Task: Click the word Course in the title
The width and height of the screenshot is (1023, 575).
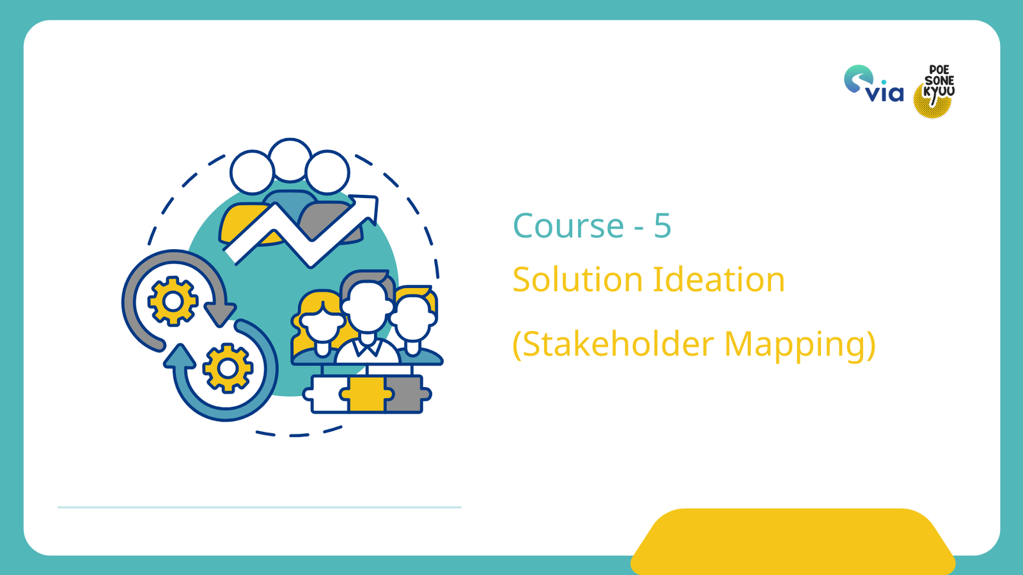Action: pos(568,226)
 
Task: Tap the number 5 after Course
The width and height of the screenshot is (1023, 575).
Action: pos(662,226)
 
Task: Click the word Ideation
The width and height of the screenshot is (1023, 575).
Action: pos(718,280)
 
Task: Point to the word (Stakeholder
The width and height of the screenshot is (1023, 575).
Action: pos(613,344)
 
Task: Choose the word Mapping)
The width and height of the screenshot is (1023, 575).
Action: pos(799,344)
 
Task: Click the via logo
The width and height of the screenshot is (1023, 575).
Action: pos(873,84)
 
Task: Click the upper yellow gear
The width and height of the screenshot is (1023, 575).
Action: pos(173,301)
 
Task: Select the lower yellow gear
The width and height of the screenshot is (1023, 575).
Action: pos(228,367)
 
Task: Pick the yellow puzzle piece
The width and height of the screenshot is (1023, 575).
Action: pos(366,394)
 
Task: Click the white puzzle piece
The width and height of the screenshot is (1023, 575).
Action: pos(326,394)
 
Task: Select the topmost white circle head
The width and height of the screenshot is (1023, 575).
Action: pos(290,160)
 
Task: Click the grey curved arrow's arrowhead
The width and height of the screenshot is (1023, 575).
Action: pos(219,314)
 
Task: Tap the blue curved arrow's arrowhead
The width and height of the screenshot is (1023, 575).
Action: pos(180,356)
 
